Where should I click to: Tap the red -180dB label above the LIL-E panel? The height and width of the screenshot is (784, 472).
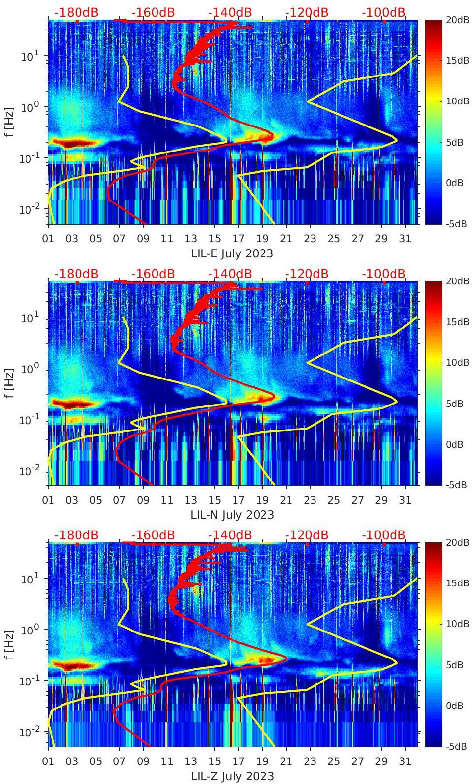tap(76, 12)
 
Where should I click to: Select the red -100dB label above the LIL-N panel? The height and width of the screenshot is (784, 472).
tap(384, 274)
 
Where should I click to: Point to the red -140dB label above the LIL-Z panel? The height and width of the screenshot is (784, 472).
tap(230, 535)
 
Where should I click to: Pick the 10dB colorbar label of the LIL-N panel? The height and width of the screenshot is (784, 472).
tap(456, 363)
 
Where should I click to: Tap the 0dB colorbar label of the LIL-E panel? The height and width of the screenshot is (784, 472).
tap(456, 183)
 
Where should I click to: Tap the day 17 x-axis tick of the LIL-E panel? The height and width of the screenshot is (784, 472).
tap(238, 239)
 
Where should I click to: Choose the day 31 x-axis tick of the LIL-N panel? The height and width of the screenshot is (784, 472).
tap(405, 500)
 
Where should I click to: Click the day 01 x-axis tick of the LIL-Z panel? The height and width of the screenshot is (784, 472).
tap(48, 761)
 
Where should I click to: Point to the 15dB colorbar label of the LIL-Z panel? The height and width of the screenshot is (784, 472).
tap(456, 583)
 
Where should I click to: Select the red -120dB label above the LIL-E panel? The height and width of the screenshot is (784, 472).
tap(307, 12)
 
